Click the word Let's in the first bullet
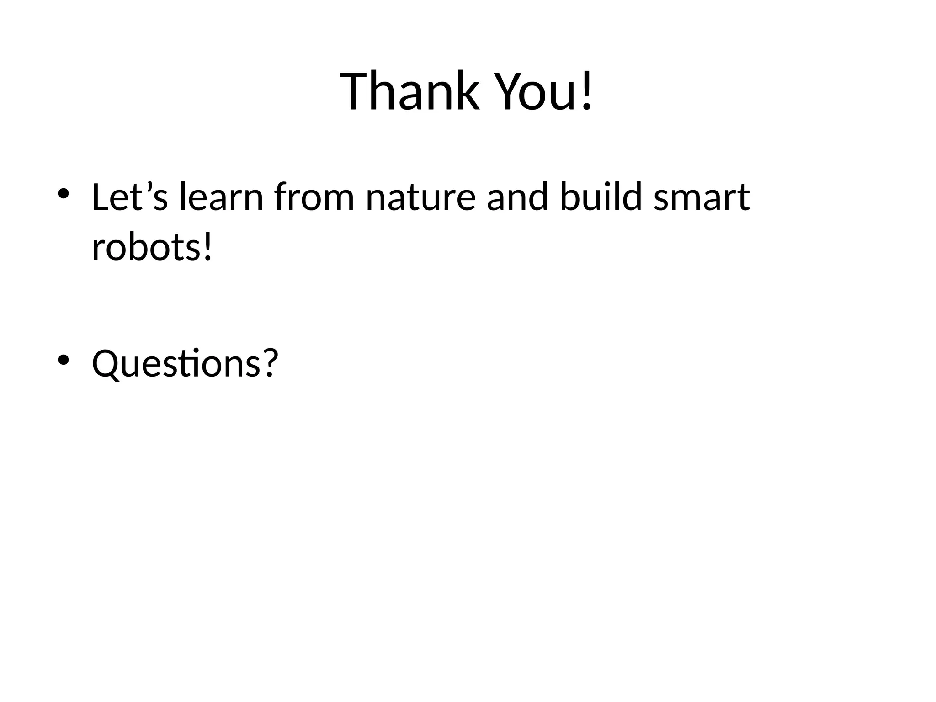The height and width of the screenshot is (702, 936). click(130, 197)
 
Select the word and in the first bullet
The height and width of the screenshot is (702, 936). click(517, 197)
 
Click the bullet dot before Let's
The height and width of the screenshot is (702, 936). click(63, 193)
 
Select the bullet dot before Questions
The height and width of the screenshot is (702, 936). click(63, 360)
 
